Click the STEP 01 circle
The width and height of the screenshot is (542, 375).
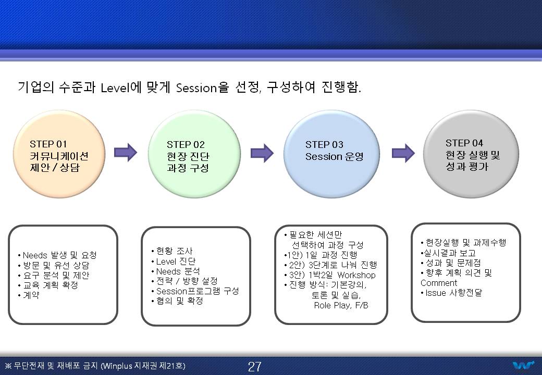[x=59, y=154]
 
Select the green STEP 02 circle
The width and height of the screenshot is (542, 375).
[x=194, y=154]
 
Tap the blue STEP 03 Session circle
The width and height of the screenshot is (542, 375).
[x=331, y=154]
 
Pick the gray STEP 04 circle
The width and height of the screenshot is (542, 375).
[x=471, y=154]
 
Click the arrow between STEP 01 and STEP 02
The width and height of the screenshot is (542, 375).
[x=126, y=152]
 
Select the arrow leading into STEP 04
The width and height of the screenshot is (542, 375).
[x=403, y=153]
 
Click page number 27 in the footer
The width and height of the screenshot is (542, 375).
[x=255, y=366]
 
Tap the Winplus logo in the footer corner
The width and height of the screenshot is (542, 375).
[x=524, y=365]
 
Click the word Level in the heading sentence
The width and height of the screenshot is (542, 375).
[x=115, y=88]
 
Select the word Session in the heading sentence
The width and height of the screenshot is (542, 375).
[x=196, y=88]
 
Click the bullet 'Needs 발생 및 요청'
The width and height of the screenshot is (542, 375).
[x=57, y=255]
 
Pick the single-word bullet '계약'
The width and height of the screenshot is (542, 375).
[x=29, y=295]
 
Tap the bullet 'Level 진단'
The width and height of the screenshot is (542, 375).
[x=174, y=261]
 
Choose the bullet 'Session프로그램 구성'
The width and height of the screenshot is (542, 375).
[x=195, y=291]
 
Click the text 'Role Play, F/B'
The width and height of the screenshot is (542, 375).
[x=341, y=305]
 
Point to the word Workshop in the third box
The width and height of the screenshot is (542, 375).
[x=356, y=275]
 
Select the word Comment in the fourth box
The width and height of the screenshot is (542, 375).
[x=439, y=283]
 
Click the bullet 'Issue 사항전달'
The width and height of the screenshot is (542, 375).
[x=451, y=293]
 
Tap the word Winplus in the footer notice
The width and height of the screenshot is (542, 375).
[x=118, y=366]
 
